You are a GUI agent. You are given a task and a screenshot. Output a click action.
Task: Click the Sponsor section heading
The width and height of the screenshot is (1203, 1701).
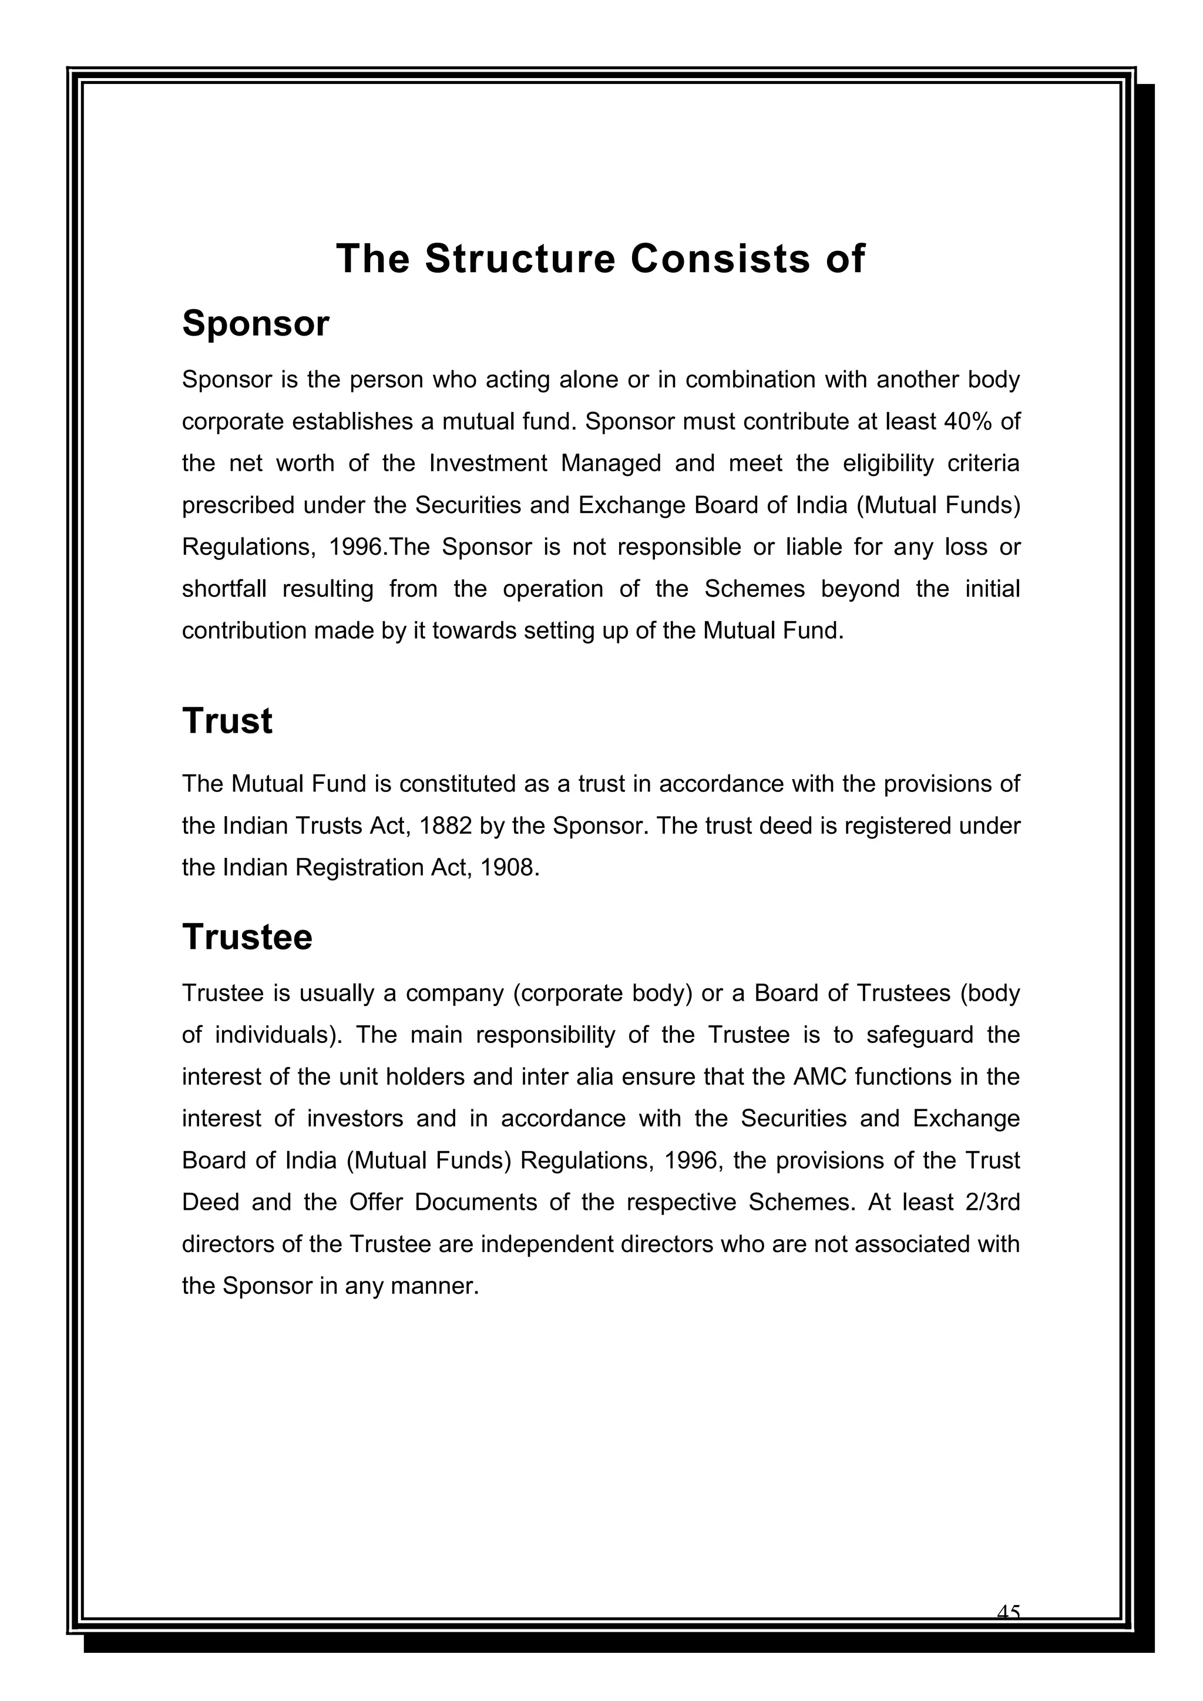[x=256, y=324]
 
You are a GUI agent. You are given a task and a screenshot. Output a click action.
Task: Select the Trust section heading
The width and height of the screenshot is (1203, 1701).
[x=227, y=721]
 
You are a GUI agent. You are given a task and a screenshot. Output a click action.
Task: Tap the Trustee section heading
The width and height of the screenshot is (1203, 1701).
[x=247, y=937]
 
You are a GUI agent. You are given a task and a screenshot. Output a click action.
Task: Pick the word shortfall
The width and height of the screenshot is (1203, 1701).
[x=224, y=589]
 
